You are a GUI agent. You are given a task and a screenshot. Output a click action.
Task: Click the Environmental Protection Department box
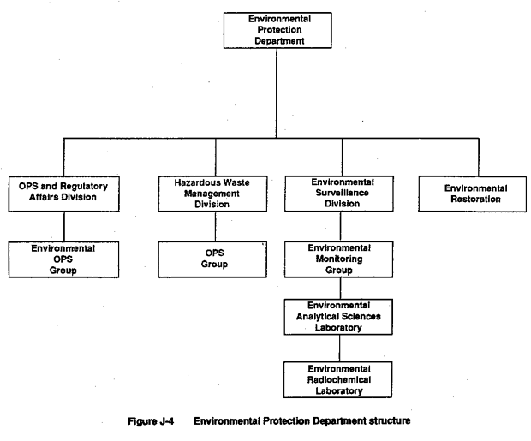pyautogui.click(x=277, y=31)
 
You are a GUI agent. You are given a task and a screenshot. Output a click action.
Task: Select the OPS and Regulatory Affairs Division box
pyautogui.click(x=64, y=194)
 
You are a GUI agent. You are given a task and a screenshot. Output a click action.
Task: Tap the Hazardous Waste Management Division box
pyautogui.click(x=212, y=194)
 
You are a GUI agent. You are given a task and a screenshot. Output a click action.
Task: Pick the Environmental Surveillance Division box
pyautogui.click(x=339, y=194)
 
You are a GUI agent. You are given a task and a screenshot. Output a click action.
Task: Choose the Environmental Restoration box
pyautogui.click(x=473, y=194)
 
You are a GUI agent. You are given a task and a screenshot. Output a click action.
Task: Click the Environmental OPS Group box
pyautogui.click(x=63, y=259)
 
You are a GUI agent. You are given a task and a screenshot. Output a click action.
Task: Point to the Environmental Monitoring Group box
pyautogui.click(x=338, y=259)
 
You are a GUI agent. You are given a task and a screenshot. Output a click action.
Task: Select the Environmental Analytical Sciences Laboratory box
pyautogui.click(x=338, y=317)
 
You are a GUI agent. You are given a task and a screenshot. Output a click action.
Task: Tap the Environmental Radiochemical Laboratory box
pyautogui.click(x=338, y=379)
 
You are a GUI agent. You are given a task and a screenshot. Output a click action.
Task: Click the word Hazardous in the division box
pyautogui.click(x=194, y=183)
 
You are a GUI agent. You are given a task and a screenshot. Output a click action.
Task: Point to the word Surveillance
pyautogui.click(x=342, y=193)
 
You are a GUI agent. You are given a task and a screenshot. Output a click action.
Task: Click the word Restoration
pyautogui.click(x=475, y=200)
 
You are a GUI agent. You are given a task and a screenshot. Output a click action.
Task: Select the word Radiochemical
pyautogui.click(x=339, y=380)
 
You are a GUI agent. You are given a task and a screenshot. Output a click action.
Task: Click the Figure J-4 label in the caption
pyautogui.click(x=151, y=421)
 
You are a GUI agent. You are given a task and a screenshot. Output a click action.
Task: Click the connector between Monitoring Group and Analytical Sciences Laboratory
pyautogui.click(x=340, y=289)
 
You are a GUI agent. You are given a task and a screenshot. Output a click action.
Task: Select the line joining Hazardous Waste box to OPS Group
pyautogui.click(x=215, y=227)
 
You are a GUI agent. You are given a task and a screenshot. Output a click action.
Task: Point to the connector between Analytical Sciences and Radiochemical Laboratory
pyautogui.click(x=340, y=349)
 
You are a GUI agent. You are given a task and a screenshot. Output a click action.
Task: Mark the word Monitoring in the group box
pyautogui.click(x=339, y=259)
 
